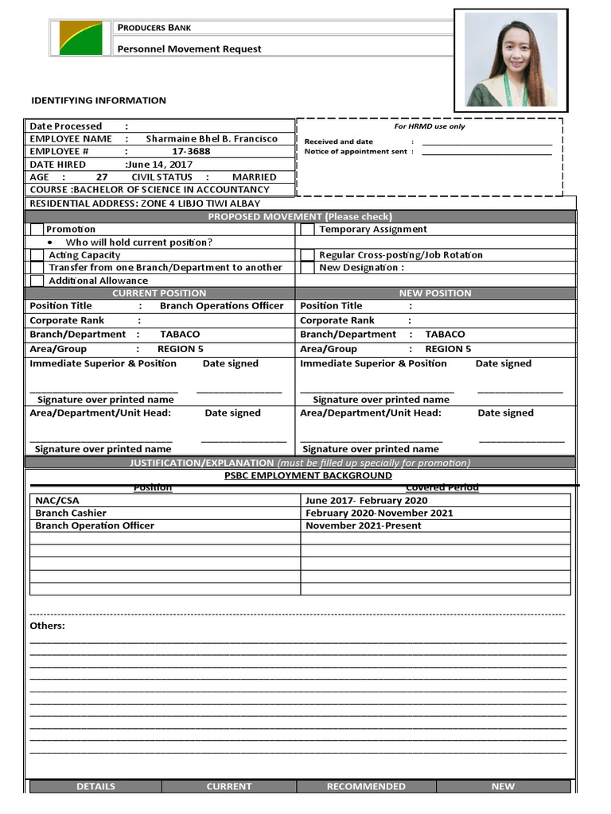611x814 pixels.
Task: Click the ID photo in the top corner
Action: pyautogui.click(x=511, y=60)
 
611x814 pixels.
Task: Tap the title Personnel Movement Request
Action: pyautogui.click(x=189, y=49)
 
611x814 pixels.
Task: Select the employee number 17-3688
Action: pyautogui.click(x=191, y=151)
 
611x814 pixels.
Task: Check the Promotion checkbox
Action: pyautogui.click(x=37, y=230)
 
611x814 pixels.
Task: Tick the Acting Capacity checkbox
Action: pyautogui.click(x=37, y=255)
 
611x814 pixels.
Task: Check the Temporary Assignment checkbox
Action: pyautogui.click(x=307, y=230)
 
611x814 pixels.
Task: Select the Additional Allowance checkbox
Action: pyautogui.click(x=37, y=281)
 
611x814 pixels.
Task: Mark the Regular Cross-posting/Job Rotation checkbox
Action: pyautogui.click(x=307, y=255)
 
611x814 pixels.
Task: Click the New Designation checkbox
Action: pyautogui.click(x=307, y=268)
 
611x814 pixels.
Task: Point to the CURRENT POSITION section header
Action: pyautogui.click(x=159, y=293)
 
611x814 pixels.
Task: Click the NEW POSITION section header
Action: pyautogui.click(x=434, y=293)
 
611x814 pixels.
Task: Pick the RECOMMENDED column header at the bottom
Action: pyautogui.click(x=366, y=786)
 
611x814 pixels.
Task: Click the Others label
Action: pyautogui.click(x=47, y=626)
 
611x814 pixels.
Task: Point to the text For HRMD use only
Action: pyautogui.click(x=430, y=126)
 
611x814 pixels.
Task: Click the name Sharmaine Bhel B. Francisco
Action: pyautogui.click(x=212, y=138)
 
